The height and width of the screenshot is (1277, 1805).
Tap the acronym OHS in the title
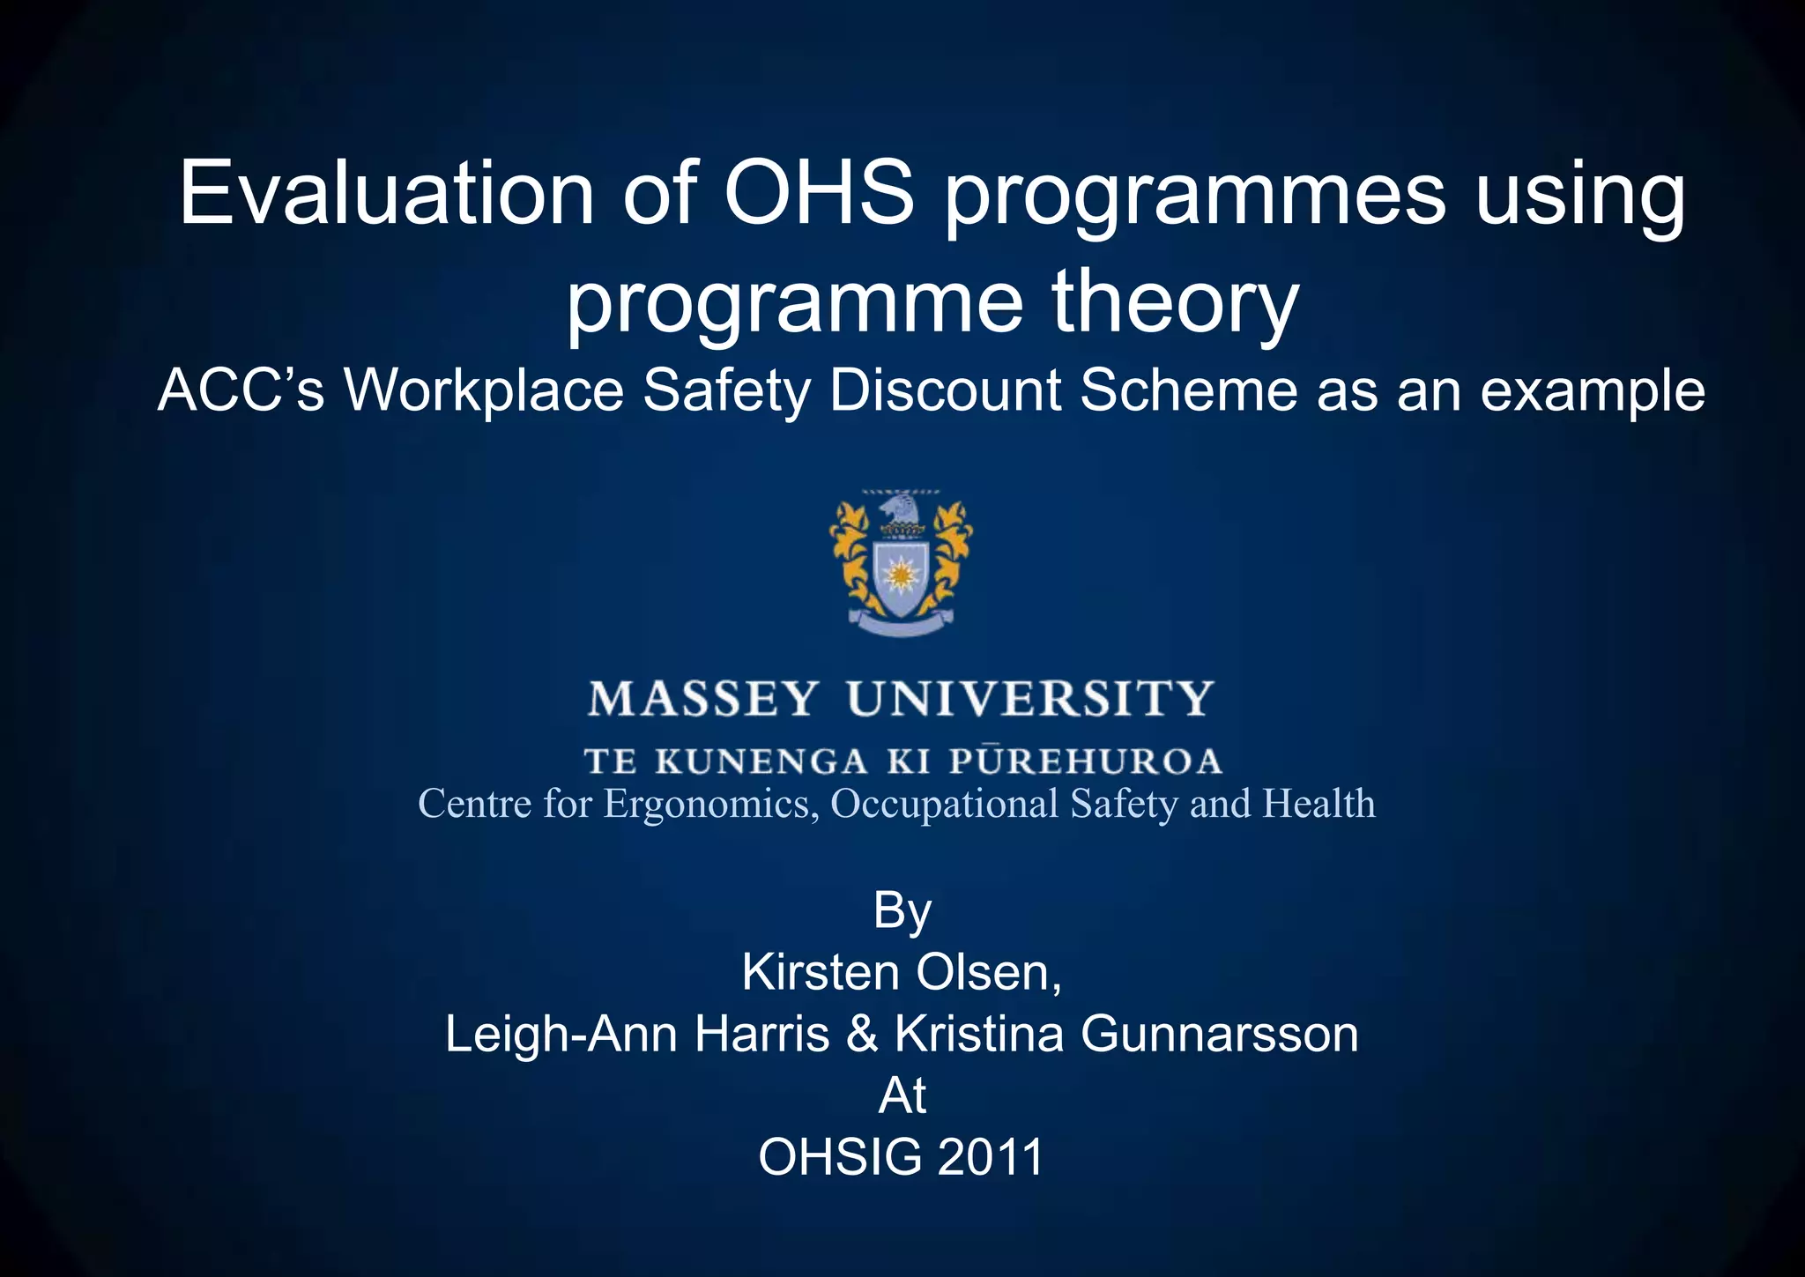(x=819, y=194)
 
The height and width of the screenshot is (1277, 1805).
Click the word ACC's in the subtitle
(x=241, y=390)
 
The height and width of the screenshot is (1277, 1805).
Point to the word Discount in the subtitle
(x=945, y=390)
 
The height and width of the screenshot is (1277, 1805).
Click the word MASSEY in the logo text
(x=703, y=700)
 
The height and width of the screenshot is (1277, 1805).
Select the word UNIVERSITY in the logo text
(x=1031, y=700)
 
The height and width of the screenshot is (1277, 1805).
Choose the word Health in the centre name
(x=1318, y=804)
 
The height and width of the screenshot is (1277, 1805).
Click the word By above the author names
(x=902, y=911)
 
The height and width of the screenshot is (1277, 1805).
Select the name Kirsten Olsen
(x=902, y=973)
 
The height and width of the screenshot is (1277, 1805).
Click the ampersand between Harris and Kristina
(x=862, y=1035)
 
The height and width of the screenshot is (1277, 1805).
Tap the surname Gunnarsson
(x=1219, y=1035)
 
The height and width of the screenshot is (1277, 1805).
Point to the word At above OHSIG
(x=902, y=1096)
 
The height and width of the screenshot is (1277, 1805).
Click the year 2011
(x=991, y=1157)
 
